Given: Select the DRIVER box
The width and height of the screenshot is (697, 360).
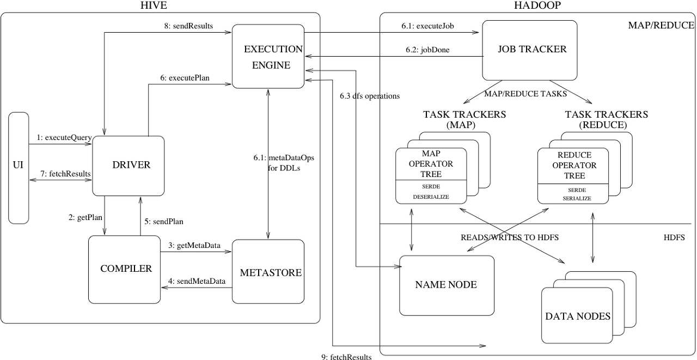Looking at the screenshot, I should pyautogui.click(x=129, y=166).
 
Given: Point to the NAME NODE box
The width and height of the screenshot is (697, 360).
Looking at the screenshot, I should pyautogui.click(x=446, y=285).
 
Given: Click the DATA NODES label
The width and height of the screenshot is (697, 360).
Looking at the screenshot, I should pyautogui.click(x=578, y=316).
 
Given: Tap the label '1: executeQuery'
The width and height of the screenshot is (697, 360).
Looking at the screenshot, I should pyautogui.click(x=63, y=138).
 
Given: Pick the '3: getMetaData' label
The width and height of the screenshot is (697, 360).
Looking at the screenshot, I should pyautogui.click(x=194, y=246).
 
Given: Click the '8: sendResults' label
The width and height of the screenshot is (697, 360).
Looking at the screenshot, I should pyautogui.click(x=188, y=26).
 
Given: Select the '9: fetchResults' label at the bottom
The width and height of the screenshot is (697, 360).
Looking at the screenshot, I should pyautogui.click(x=346, y=357).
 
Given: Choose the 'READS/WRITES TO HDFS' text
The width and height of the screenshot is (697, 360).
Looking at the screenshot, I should pyautogui.click(x=510, y=237).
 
